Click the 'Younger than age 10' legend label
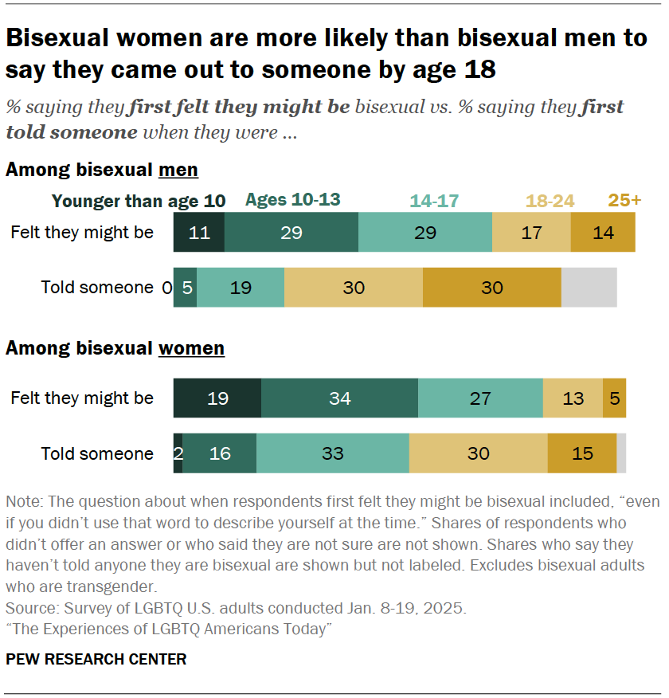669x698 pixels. pyautogui.click(x=139, y=202)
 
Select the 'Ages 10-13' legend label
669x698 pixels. pyautogui.click(x=292, y=200)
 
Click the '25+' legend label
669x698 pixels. pyautogui.click(x=624, y=200)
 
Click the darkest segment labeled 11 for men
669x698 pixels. pyautogui.click(x=199, y=233)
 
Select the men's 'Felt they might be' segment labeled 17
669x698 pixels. pyautogui.click(x=531, y=233)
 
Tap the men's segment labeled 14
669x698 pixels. pyautogui.click(x=603, y=233)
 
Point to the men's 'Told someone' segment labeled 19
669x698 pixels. pyautogui.click(x=241, y=288)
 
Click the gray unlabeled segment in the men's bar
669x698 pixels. pyautogui.click(x=589, y=288)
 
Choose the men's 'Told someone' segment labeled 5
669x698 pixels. pyautogui.click(x=185, y=288)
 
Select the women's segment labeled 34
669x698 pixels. pyautogui.click(x=339, y=398)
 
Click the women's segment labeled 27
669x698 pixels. pyautogui.click(x=480, y=398)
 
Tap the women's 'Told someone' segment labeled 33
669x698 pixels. pyautogui.click(x=332, y=453)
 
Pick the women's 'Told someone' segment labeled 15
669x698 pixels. pyautogui.click(x=582, y=453)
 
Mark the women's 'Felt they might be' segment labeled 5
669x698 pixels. pyautogui.click(x=614, y=398)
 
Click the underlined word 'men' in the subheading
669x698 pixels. pyautogui.click(x=178, y=170)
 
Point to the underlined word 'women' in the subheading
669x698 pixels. pyautogui.click(x=191, y=348)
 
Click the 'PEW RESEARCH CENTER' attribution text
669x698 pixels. pyautogui.click(x=96, y=659)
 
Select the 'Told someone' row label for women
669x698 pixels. pyautogui.click(x=97, y=453)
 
